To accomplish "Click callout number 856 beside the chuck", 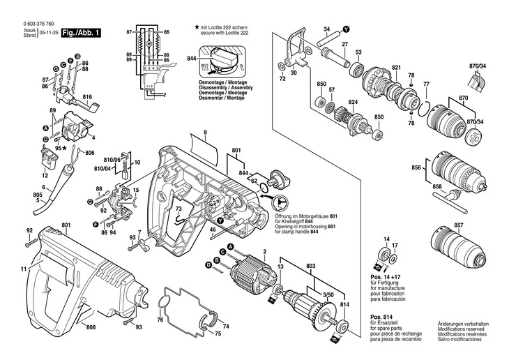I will point(417,168).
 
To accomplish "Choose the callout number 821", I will point(397,68).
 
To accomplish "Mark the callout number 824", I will point(353,103).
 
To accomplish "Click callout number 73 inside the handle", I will point(178,208).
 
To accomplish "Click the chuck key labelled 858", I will point(453,200).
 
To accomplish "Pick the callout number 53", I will point(358,53).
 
